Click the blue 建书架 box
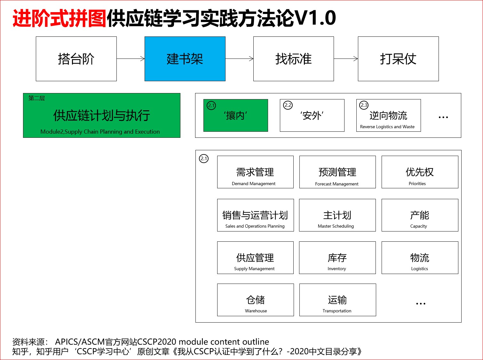click(x=185, y=59)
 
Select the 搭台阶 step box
click(x=76, y=59)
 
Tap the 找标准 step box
click(x=294, y=59)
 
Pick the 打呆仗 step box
click(x=398, y=59)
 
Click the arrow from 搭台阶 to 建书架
click(x=131, y=59)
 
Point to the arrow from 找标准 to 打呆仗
click(x=346, y=59)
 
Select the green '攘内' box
click(x=236, y=115)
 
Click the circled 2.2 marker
click(x=288, y=105)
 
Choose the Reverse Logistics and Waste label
click(x=387, y=127)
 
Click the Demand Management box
click(x=255, y=172)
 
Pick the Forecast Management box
click(x=337, y=172)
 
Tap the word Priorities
click(x=417, y=184)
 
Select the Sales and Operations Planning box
click(x=256, y=215)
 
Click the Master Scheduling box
click(x=337, y=215)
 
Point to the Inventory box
click(x=337, y=258)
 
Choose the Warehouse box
click(x=256, y=300)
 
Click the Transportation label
click(x=337, y=311)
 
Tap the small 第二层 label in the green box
click(x=36, y=98)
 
